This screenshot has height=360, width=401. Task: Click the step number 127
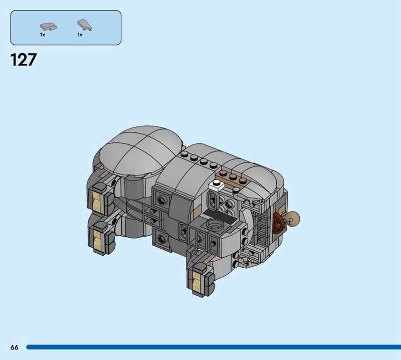(x=24, y=60)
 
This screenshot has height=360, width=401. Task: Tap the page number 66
(x=15, y=347)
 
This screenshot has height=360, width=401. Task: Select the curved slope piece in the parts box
(x=48, y=26)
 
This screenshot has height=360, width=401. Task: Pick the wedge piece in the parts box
(x=85, y=25)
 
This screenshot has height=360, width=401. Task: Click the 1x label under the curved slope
(x=43, y=35)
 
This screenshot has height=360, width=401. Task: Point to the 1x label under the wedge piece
(x=80, y=35)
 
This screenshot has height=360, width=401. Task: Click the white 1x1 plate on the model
(x=217, y=185)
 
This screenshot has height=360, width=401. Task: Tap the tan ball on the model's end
(x=293, y=219)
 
